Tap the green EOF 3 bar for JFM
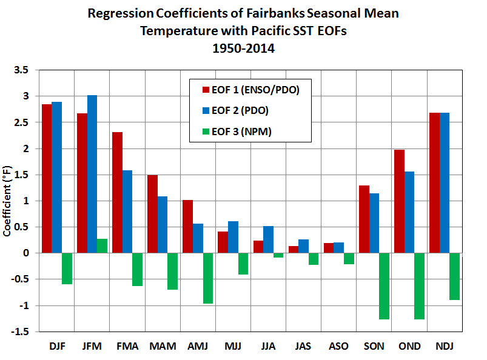click(102, 246)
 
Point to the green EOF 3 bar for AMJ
click(208, 278)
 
